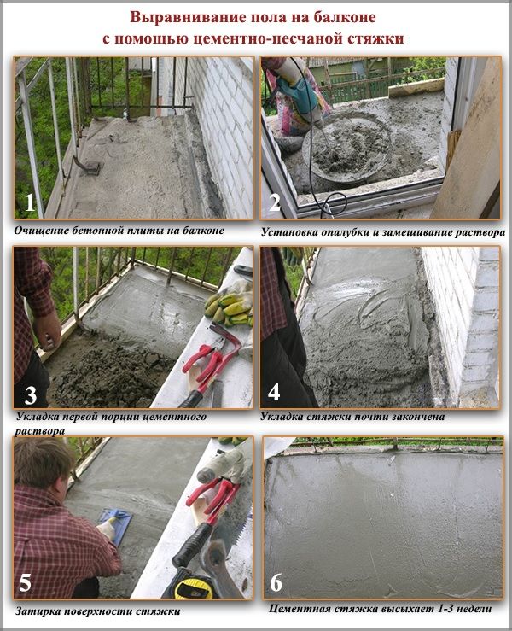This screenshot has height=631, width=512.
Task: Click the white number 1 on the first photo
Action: coord(30,202)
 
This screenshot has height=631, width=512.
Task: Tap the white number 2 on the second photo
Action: coord(275,202)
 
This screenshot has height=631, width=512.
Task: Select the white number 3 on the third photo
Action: coord(31,395)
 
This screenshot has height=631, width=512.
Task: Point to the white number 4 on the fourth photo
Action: coord(274,392)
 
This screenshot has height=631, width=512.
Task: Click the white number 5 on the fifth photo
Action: coord(25,582)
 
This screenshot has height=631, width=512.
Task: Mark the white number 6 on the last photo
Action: coord(276,583)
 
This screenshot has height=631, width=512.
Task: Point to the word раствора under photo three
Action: coord(39,431)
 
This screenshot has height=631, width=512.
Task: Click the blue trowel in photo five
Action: coord(114,523)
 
